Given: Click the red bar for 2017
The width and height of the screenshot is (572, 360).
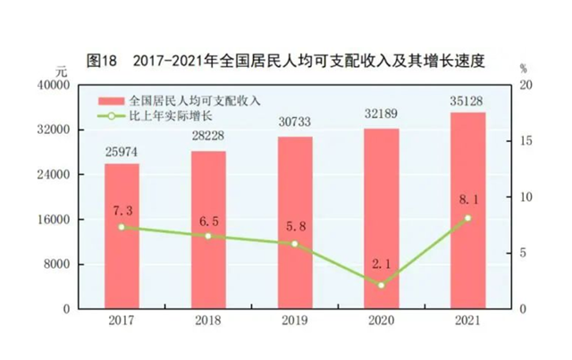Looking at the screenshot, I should [122, 236].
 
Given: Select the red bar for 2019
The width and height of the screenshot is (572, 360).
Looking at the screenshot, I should [294, 222].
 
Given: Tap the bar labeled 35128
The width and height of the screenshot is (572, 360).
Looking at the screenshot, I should [467, 210].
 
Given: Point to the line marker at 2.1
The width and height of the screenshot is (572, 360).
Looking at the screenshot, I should [381, 285].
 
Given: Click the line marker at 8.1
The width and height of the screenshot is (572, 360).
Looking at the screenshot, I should [467, 218].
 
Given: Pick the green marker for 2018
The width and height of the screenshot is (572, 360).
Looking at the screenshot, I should [207, 236].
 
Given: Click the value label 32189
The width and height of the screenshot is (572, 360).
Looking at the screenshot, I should [381, 115].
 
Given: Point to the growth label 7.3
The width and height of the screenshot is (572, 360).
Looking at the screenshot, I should [122, 210].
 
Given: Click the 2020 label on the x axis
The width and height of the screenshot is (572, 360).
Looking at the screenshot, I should [381, 321].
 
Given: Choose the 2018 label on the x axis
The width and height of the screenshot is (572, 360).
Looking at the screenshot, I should [207, 321].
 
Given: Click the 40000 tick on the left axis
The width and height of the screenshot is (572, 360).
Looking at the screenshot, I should [53, 86].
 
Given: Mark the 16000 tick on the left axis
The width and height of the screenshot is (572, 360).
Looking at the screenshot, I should [53, 220].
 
